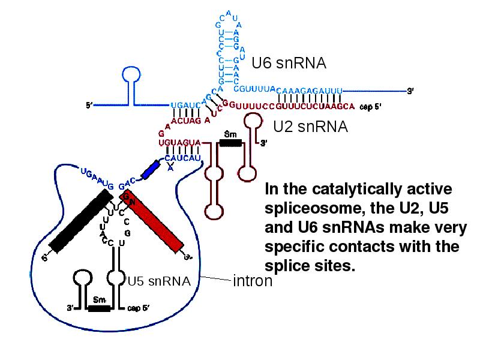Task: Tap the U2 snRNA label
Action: (310, 127)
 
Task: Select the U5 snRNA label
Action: (159, 280)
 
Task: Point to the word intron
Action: (252, 280)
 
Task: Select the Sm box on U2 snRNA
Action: (230, 143)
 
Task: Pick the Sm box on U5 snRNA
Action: (100, 308)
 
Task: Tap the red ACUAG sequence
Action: (186, 120)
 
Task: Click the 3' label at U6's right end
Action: (410, 91)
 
